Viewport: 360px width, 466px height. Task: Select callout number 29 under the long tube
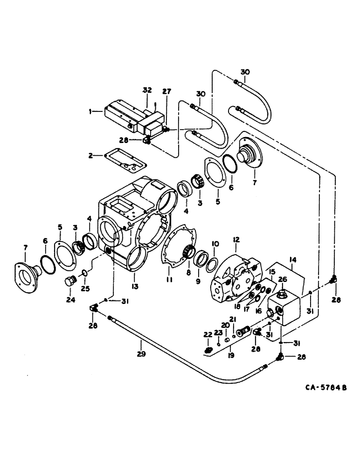pyautogui.click(x=142, y=354)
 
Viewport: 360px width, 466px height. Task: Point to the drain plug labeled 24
pyautogui.click(x=70, y=282)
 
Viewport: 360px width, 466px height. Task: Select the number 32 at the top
pyautogui.click(x=147, y=90)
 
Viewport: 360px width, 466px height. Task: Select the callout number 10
pyautogui.click(x=215, y=244)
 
